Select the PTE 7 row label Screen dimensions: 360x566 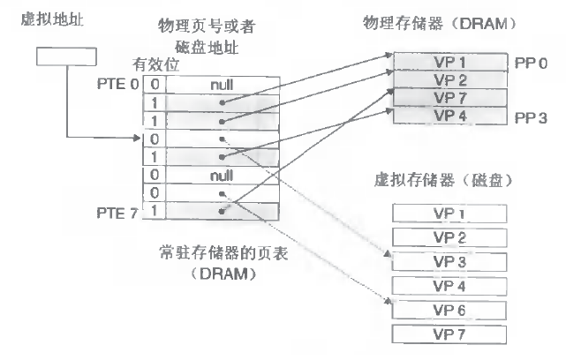pyautogui.click(x=117, y=213)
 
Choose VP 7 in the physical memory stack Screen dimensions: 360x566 pyautogui.click(x=449, y=98)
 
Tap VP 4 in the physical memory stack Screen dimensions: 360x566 pyautogui.click(x=449, y=116)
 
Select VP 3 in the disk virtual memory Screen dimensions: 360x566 pyautogui.click(x=449, y=263)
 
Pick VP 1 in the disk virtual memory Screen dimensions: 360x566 pyautogui.click(x=449, y=214)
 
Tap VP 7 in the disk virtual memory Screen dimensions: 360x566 pyautogui.click(x=449, y=332)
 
